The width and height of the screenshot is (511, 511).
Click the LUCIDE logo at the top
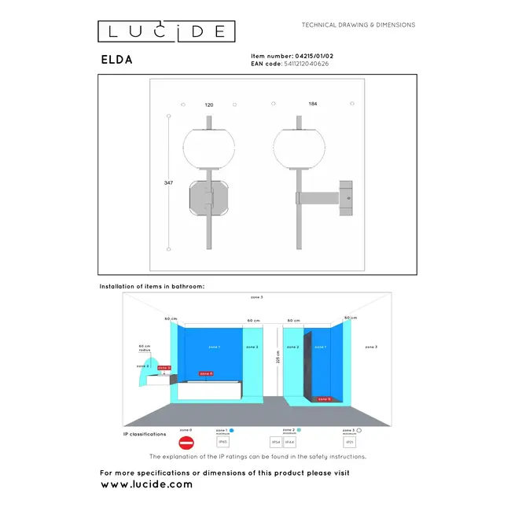[x=166, y=31]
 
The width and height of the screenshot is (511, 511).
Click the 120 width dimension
[x=208, y=105]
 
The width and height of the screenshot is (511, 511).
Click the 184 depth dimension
[x=313, y=105]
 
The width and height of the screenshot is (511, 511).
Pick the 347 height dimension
[x=168, y=182]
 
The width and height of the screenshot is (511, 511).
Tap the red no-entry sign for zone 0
[x=186, y=444]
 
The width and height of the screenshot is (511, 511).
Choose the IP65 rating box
[x=222, y=443]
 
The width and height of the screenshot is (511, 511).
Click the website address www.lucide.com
[x=147, y=485]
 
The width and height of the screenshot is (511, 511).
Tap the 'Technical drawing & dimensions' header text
[x=358, y=25]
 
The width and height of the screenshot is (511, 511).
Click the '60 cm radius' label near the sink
[x=145, y=347]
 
